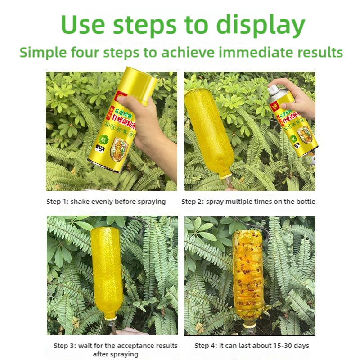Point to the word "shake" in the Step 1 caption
coord(82,202)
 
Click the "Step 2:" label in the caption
coord(193,202)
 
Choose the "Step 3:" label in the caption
coord(65,346)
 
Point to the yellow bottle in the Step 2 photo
coord(208,130)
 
